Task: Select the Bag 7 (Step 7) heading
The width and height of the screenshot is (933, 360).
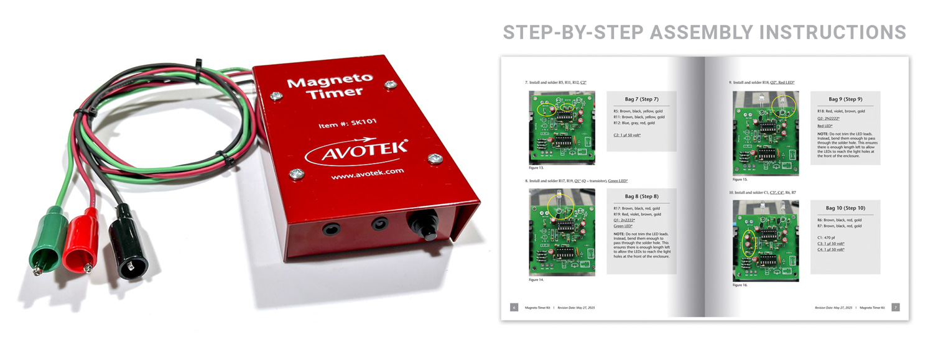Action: [641, 99]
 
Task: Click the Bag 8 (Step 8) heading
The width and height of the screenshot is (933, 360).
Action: [641, 196]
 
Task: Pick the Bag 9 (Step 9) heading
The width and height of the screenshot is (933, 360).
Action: [845, 99]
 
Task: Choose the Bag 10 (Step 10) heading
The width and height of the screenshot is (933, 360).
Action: [845, 208]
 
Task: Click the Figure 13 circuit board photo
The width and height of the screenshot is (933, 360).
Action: [562, 127]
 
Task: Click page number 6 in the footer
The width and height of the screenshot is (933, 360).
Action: [514, 307]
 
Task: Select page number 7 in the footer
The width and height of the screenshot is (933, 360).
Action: [895, 307]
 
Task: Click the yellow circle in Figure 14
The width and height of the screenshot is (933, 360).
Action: [562, 207]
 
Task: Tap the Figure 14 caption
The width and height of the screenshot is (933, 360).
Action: [536, 280]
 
